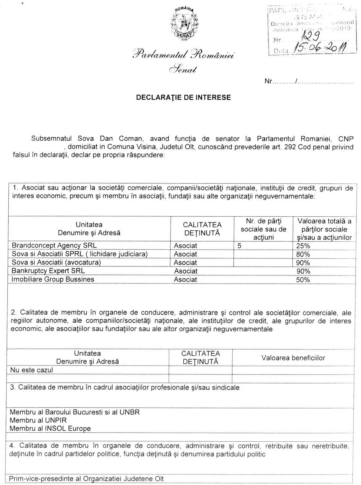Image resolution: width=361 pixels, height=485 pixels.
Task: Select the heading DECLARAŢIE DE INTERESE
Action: pos(184,97)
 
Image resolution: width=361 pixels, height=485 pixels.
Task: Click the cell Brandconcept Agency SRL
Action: pos(54,245)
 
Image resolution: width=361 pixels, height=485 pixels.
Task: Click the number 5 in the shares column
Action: pos(239,246)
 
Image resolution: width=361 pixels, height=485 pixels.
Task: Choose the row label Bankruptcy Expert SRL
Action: pos(48,271)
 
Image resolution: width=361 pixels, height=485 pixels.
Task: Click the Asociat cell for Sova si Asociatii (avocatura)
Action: pos(185,263)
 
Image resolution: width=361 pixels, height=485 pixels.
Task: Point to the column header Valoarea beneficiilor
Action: pos(293,358)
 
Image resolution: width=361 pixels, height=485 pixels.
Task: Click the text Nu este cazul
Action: pos(32,370)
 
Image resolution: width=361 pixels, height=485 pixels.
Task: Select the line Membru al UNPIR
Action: pos(38,420)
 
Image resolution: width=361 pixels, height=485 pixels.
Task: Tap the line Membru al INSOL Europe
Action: pos(50,429)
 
